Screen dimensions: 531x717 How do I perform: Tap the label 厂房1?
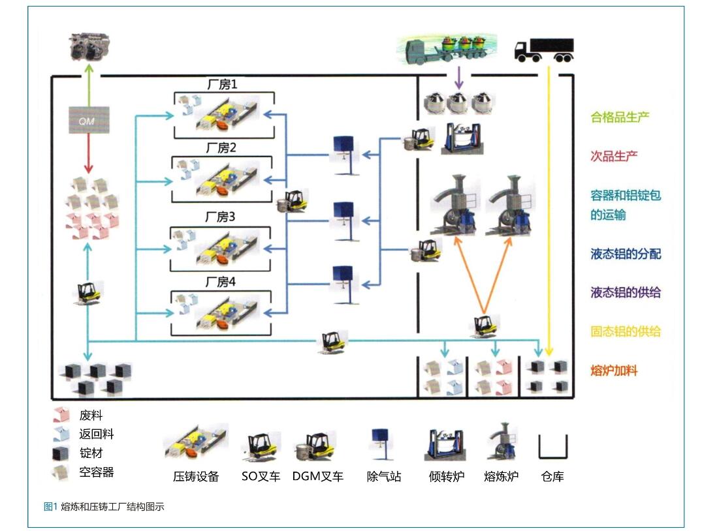tap(223, 84)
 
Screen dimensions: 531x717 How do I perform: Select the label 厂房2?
tap(221, 148)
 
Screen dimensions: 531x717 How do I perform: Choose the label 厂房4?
tap(221, 282)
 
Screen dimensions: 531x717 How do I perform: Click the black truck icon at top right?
tap(544, 50)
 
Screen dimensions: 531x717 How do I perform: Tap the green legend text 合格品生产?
tap(620, 117)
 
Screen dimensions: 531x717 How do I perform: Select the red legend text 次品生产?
tap(614, 156)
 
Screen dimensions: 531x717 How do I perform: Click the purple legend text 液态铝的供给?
tap(626, 293)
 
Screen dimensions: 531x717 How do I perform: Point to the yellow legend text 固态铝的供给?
tap(626, 331)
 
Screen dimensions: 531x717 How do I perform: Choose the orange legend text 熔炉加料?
tap(614, 371)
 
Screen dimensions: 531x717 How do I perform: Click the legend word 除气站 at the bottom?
tap(383, 477)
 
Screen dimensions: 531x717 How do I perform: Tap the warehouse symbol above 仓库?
tap(552, 447)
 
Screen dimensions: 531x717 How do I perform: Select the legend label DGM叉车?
tap(318, 477)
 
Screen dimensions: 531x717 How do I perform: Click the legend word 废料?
tap(91, 416)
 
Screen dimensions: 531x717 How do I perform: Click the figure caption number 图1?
tap(50, 506)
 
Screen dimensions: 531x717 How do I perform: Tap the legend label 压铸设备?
tap(196, 477)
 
